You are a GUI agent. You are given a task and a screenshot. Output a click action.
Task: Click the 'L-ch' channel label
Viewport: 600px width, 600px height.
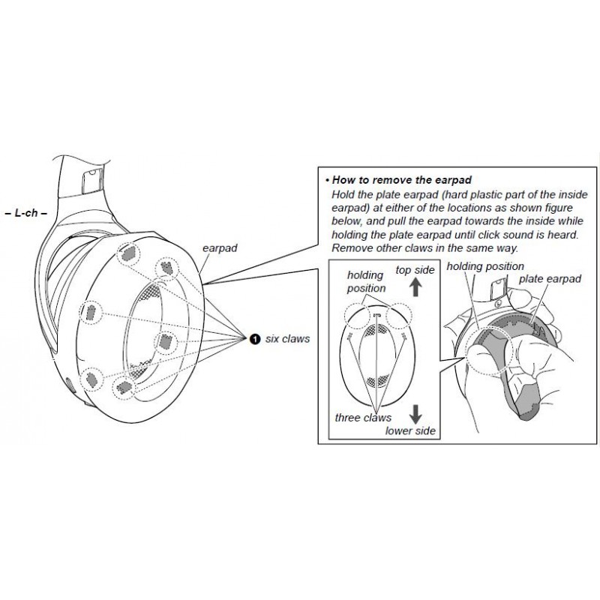tap(26, 213)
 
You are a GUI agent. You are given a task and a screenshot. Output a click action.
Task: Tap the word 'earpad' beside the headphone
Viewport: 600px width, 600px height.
tap(220, 248)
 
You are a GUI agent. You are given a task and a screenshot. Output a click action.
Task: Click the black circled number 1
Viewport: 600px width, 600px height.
tap(254, 339)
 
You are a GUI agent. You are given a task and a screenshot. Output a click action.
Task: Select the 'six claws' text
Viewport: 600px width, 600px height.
tap(287, 339)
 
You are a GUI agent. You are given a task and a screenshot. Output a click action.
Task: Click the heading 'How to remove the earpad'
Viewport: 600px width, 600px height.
tap(402, 180)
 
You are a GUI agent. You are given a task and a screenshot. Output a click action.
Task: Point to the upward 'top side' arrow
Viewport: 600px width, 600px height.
tap(415, 288)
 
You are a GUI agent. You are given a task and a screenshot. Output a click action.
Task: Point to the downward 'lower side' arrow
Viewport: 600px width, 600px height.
tap(415, 413)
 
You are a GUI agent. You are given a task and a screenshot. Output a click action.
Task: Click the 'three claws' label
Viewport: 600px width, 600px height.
tap(363, 418)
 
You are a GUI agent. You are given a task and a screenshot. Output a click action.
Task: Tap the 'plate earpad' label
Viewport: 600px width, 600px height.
tap(550, 279)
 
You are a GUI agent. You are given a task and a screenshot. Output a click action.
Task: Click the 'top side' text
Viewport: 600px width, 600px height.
tap(415, 270)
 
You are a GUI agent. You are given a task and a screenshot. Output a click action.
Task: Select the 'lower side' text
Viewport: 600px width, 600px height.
tap(410, 431)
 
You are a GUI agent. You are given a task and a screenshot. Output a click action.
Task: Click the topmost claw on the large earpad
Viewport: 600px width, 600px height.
tap(128, 253)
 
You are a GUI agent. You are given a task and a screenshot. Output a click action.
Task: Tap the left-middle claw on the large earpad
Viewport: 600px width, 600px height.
tap(91, 312)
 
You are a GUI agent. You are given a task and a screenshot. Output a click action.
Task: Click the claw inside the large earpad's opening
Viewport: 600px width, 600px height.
tap(165, 341)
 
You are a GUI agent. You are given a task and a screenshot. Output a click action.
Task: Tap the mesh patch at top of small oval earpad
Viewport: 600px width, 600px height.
tap(377, 331)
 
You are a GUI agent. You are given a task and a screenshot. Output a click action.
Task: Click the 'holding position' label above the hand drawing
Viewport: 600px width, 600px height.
tap(485, 266)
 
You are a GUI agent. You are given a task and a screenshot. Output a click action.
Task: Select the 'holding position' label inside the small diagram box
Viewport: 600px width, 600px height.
tap(366, 282)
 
